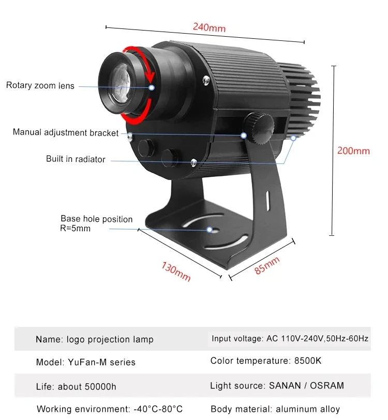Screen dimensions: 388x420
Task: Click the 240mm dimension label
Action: (x=209, y=27)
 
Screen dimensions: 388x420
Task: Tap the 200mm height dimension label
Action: (x=353, y=151)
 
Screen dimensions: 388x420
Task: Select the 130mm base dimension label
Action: (x=176, y=272)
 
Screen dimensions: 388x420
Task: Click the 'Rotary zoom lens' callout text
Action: (x=40, y=86)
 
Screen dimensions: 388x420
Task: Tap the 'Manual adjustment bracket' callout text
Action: (x=66, y=132)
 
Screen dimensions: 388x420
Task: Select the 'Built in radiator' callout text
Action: (x=76, y=159)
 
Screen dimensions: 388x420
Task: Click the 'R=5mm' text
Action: (x=76, y=228)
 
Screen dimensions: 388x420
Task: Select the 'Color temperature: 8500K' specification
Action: (x=266, y=361)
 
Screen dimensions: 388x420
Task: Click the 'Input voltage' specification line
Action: (x=290, y=339)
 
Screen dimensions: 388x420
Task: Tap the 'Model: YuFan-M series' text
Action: (x=86, y=362)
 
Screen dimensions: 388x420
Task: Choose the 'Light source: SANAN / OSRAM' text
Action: (x=277, y=385)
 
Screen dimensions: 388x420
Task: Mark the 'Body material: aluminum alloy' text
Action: (x=275, y=409)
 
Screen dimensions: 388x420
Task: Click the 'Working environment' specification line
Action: (x=109, y=410)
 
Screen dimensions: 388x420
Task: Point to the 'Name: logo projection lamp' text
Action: (x=95, y=340)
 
